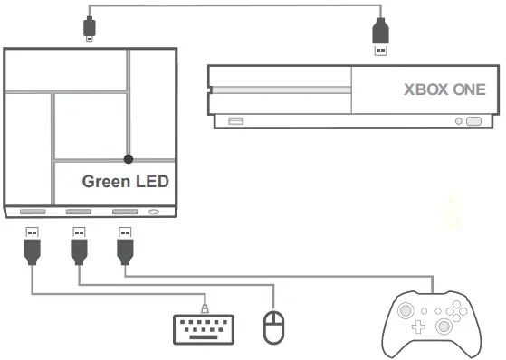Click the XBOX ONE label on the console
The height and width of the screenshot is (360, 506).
pyautogui.click(x=444, y=90)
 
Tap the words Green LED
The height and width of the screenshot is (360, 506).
pyautogui.click(x=126, y=181)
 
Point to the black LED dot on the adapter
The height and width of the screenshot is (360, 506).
pyautogui.click(x=129, y=158)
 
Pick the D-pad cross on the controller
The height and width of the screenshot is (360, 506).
pyautogui.click(x=421, y=327)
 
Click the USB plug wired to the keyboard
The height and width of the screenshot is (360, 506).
pyautogui.click(x=32, y=245)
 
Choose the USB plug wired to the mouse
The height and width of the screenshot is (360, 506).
pyautogui.click(x=79, y=245)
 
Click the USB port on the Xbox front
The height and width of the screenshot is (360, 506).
pyautogui.click(x=236, y=120)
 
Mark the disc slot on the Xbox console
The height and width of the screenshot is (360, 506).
pyautogui.click(x=281, y=90)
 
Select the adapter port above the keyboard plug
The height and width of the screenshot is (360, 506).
pyautogui.click(x=32, y=213)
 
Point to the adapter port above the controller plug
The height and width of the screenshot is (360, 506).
pyautogui.click(x=124, y=213)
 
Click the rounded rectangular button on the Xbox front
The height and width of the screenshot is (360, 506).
pyautogui.click(x=473, y=119)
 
